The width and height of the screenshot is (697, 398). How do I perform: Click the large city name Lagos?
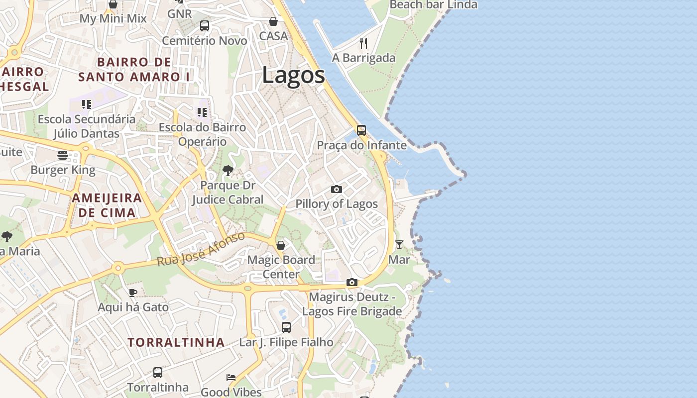(293, 76)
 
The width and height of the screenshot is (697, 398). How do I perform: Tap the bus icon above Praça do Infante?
(361, 130)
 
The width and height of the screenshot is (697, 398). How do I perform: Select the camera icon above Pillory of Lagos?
(337, 190)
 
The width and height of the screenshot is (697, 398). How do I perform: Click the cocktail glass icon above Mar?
(399, 245)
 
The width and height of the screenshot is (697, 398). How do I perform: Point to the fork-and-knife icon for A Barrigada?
(363, 43)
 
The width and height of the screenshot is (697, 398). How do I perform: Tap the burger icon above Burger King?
(63, 155)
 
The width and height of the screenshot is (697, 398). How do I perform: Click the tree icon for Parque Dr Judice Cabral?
(228, 171)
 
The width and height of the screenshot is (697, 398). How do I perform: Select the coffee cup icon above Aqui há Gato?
(133, 293)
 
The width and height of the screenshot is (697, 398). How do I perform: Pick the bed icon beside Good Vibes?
(231, 377)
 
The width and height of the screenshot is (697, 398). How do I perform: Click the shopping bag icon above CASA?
(273, 21)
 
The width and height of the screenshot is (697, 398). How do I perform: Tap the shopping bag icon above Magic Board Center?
(281, 245)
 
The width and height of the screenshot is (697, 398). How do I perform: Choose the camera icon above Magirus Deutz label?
(352, 283)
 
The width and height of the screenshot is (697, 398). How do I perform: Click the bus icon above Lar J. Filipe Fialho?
(286, 327)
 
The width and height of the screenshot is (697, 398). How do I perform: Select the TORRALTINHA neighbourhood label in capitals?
(176, 342)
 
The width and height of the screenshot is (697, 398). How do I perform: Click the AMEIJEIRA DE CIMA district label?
(107, 205)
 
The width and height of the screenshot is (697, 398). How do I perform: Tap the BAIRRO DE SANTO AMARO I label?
(134, 70)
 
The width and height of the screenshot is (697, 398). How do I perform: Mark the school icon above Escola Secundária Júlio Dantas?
(87, 104)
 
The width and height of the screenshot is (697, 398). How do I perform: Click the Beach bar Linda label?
(433, 5)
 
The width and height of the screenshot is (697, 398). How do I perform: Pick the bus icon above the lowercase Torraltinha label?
(158, 372)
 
